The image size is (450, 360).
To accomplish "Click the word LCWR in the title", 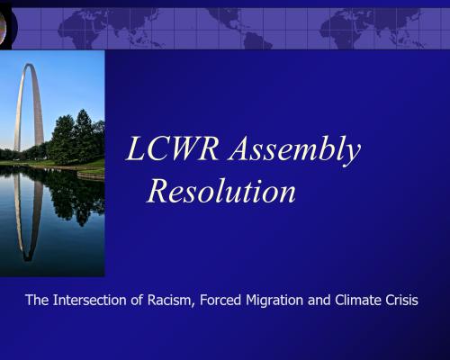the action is [172, 148].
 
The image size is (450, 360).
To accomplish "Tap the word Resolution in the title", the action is [221, 191].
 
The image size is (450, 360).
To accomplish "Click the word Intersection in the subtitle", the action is [90, 300].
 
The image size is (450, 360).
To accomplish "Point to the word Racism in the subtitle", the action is [169, 301].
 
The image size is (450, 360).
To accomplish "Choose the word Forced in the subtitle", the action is [220, 300].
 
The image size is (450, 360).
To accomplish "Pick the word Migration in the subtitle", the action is [274, 301].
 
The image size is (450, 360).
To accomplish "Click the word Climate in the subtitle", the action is [357, 300].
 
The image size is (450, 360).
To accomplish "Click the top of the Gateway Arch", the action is [29, 65].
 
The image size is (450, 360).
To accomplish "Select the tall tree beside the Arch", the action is [82, 136].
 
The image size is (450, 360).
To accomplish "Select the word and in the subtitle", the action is [319, 300].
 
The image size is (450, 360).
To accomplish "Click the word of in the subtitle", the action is [137, 300].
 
